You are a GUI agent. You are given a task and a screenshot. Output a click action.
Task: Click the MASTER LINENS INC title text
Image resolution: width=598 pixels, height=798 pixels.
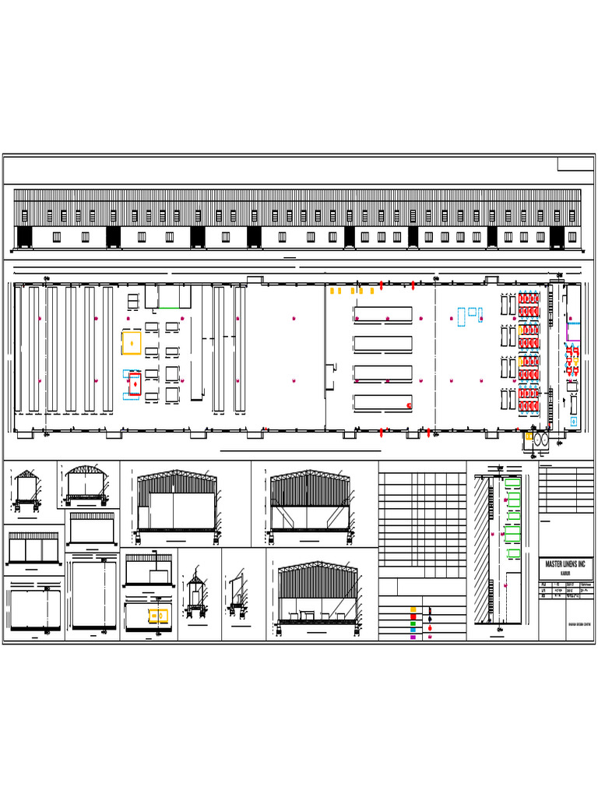(568, 563)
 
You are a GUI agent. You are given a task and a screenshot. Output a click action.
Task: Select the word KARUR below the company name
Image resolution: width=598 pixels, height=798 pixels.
(568, 571)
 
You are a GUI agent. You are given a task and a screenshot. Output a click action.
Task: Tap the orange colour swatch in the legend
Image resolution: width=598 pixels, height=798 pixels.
(413, 609)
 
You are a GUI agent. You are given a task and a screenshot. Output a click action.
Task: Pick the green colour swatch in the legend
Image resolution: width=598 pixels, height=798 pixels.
(413, 623)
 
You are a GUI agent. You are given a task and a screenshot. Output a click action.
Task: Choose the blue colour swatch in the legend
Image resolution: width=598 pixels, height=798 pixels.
(413, 630)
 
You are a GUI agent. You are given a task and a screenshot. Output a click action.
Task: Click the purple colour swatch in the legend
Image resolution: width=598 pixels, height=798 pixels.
(413, 637)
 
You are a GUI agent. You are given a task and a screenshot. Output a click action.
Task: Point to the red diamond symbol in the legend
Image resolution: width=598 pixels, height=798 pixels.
(431, 627)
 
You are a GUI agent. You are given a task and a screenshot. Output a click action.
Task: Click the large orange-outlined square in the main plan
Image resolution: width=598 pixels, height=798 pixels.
(132, 343)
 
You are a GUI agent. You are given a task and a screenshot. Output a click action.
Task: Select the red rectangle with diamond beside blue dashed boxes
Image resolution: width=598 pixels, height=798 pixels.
(135, 384)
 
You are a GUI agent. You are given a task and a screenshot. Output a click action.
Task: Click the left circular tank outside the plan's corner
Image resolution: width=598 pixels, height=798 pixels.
(536, 441)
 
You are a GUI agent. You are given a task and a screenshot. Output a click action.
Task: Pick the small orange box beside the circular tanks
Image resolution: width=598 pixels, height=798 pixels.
(528, 437)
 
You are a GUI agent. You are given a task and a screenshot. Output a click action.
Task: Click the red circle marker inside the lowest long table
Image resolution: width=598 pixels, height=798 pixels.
(409, 405)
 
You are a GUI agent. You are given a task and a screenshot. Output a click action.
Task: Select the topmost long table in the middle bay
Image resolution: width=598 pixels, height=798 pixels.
(383, 313)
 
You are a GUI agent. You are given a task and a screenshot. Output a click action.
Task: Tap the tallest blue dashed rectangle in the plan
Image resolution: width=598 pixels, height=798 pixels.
(460, 316)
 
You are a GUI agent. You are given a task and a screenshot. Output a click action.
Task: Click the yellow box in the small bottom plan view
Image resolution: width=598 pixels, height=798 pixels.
(158, 616)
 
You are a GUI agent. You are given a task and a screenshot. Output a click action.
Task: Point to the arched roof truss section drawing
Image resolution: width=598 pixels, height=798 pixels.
(87, 483)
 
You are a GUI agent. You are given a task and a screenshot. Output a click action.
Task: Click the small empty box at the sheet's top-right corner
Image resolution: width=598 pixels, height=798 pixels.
(575, 164)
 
